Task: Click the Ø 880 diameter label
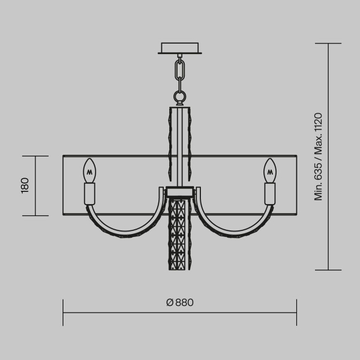point(180,302)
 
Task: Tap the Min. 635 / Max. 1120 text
point(319,156)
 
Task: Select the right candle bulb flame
point(270,170)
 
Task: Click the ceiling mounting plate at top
point(179,48)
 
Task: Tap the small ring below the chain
point(179,96)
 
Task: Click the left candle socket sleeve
point(90,193)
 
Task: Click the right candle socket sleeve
point(270,193)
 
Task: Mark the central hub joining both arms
point(179,192)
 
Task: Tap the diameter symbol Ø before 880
point(169,302)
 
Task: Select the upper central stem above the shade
point(179,132)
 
